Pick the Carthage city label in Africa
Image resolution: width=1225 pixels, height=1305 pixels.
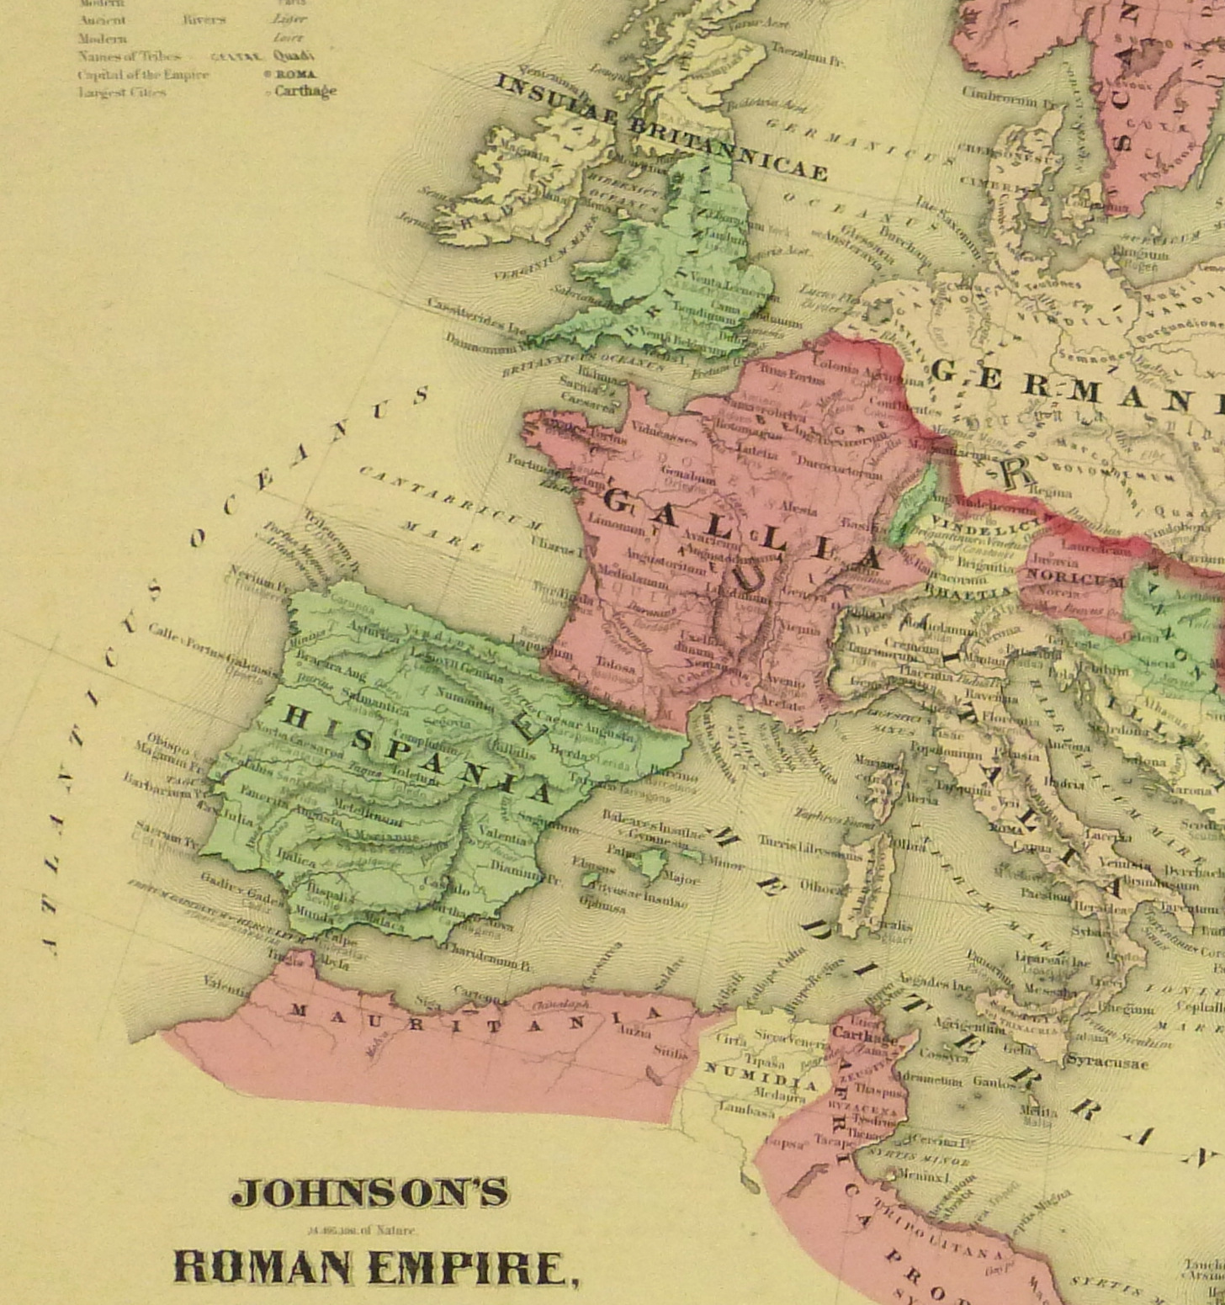tap(865, 1034)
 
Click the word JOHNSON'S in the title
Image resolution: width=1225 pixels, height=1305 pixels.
tap(370, 1192)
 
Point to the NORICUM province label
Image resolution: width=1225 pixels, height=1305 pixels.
tap(1074, 581)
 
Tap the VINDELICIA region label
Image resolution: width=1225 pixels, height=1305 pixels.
tap(978, 528)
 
